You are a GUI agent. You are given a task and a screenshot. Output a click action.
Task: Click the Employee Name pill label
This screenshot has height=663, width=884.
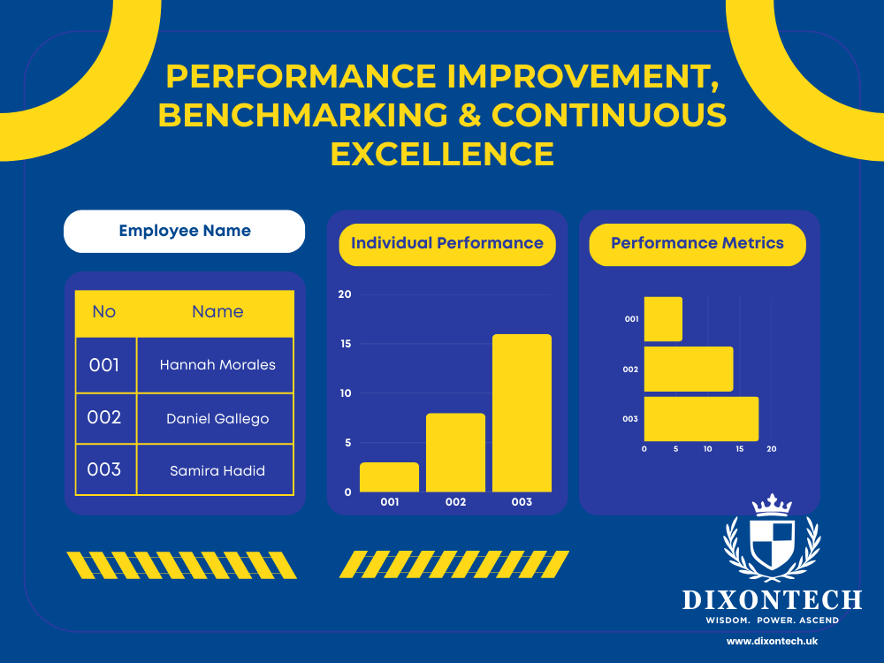(185, 232)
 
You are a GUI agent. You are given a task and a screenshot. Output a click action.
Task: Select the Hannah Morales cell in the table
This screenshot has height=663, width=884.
(217, 364)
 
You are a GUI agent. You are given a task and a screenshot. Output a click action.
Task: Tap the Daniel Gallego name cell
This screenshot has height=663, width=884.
(217, 418)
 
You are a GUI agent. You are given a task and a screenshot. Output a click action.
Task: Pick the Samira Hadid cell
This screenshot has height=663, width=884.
(217, 470)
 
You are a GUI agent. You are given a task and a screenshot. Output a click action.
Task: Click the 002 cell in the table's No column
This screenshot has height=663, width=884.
(104, 417)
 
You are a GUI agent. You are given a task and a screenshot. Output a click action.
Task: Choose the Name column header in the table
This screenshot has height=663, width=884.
(217, 311)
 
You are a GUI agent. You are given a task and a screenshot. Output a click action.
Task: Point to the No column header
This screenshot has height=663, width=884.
(104, 311)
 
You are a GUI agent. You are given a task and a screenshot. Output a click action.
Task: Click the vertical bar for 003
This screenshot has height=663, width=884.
(522, 413)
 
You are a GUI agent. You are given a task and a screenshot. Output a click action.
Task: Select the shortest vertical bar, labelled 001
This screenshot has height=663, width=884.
(390, 477)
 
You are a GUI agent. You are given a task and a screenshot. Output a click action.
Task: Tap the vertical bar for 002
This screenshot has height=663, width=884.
(455, 453)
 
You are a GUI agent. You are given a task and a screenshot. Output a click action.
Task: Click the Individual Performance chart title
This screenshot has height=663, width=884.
(447, 243)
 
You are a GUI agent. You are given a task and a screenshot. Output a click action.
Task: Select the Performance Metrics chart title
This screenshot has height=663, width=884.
(697, 243)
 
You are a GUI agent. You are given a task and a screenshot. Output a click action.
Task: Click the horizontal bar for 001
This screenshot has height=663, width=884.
(663, 319)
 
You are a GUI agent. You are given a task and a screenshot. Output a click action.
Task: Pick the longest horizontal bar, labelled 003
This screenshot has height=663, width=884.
(701, 419)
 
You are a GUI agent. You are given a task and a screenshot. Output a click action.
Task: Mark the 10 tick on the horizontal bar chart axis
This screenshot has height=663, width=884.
(708, 449)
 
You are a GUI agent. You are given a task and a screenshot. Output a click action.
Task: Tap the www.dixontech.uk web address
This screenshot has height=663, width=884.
(772, 640)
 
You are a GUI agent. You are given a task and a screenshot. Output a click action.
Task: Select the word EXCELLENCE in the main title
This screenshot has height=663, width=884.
(442, 154)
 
